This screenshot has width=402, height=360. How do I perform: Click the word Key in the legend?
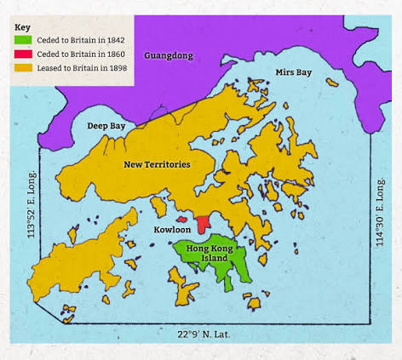pyautogui.click(x=22, y=27)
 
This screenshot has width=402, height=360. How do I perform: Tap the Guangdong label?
pyautogui.click(x=169, y=55)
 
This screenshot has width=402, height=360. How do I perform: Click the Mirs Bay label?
pyautogui.click(x=293, y=72)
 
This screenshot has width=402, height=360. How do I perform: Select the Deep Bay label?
pyautogui.click(x=106, y=126)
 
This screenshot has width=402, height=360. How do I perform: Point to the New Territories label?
pyautogui.click(x=157, y=163)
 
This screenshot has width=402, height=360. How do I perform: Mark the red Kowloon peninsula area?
pyautogui.click(x=203, y=224)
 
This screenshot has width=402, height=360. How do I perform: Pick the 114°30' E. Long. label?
pyautogui.click(x=381, y=212)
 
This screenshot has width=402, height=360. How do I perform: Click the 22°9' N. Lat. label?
pyautogui.click(x=204, y=334)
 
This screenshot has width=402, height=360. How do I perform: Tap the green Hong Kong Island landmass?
pyautogui.click(x=228, y=266)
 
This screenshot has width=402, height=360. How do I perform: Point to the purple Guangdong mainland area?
pyautogui.click(x=256, y=38)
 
